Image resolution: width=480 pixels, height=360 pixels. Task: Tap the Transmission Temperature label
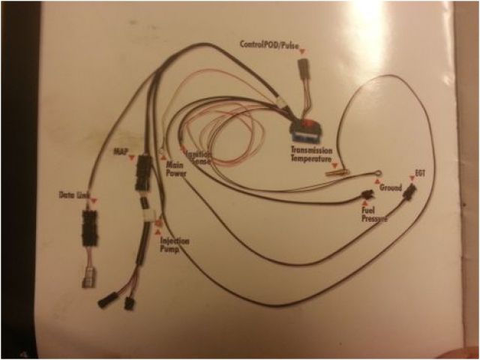click(x=313, y=154)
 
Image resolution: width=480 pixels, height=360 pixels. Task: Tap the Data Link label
click(x=73, y=196)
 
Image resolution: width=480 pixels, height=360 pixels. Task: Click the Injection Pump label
click(x=175, y=245)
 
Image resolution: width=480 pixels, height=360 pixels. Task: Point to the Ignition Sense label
click(x=197, y=157)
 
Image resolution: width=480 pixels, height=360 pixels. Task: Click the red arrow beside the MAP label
click(x=133, y=158)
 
